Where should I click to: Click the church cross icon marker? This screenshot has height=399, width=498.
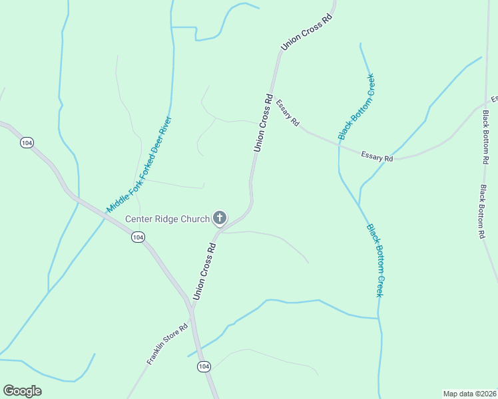tap(219, 217)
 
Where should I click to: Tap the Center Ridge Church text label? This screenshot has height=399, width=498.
tap(167, 219)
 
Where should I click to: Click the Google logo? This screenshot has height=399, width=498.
tap(22, 391)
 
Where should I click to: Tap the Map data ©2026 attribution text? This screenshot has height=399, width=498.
tap(469, 393)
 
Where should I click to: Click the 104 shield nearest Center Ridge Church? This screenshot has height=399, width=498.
tap(137, 237)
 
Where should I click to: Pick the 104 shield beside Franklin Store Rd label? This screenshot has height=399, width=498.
tap(204, 366)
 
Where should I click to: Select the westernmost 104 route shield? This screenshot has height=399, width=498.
tap(27, 143)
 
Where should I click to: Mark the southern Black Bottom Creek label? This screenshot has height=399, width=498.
tap(374, 260)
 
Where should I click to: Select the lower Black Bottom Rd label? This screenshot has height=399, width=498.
tap(481, 212)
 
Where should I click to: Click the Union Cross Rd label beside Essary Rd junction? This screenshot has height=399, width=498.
tap(264, 124)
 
